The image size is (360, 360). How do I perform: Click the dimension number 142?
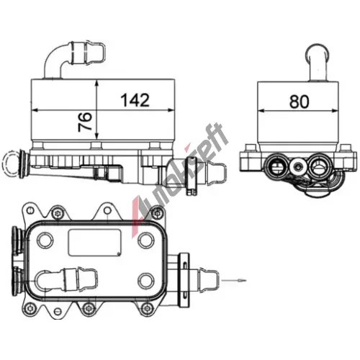[135, 100]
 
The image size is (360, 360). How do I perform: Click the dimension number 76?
[85, 122]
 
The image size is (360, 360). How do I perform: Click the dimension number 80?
[299, 102]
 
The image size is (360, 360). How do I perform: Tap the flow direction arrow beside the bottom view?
[234, 280]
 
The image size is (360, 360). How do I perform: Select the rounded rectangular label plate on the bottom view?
[94, 243]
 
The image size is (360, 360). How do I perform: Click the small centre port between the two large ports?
[297, 166]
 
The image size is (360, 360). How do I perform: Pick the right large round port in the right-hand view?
[318, 166]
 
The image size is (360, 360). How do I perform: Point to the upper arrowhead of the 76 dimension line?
[96, 84]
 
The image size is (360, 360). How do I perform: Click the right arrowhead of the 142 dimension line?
[171, 110]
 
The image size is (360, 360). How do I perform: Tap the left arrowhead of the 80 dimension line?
[261, 111]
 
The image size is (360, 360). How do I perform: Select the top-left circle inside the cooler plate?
[45, 239]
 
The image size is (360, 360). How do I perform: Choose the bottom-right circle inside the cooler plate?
[146, 281]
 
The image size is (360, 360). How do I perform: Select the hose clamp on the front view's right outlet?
[192, 175]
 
